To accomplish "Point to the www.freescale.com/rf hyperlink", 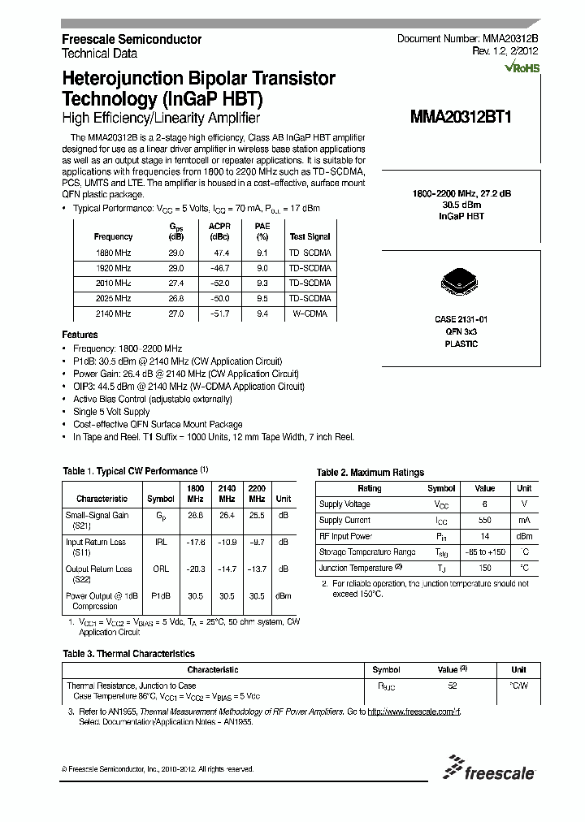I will [x=414, y=712].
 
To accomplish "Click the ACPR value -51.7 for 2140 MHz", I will [x=219, y=313].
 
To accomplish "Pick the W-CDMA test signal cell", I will [x=310, y=313].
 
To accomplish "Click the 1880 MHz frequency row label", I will [x=113, y=253].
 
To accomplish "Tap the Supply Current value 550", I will [x=484, y=520].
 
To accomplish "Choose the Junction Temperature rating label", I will [x=357, y=568].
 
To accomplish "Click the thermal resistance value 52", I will [x=452, y=686].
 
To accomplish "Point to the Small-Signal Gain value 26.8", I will [x=195, y=514].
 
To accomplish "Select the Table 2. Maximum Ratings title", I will [x=370, y=472].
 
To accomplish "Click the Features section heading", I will [x=80, y=335].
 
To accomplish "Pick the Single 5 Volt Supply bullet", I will [x=111, y=412].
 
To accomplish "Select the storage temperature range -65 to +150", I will [x=484, y=552].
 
